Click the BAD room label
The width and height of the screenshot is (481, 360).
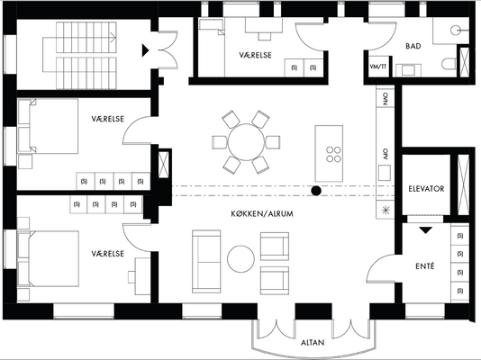click(413, 46)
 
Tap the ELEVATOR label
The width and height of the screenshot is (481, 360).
click(426, 189)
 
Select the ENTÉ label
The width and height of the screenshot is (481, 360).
click(425, 266)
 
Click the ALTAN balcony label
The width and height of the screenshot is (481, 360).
click(313, 342)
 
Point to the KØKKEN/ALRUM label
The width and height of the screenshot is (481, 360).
click(262, 213)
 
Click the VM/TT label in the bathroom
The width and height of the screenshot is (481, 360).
click(378, 67)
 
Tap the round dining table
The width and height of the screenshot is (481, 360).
click(246, 142)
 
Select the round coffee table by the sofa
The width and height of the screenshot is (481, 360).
click(240, 259)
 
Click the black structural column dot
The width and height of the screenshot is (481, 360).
click(316, 191)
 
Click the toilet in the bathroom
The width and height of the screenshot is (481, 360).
click(449, 64)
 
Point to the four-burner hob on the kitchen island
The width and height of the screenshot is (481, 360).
click(333, 154)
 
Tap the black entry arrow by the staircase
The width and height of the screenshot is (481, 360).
click(145, 50)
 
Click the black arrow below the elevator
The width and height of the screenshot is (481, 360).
click(426, 230)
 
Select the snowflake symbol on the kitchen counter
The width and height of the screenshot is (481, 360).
click(386, 211)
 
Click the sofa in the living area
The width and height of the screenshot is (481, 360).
click(206, 261)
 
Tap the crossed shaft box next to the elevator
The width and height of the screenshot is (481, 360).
click(463, 185)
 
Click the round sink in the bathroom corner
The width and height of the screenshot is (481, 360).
click(455, 30)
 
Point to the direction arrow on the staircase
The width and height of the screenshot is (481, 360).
click(113, 38)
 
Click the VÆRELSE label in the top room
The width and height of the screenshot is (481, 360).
click(255, 55)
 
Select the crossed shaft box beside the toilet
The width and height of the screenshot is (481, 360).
click(465, 62)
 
